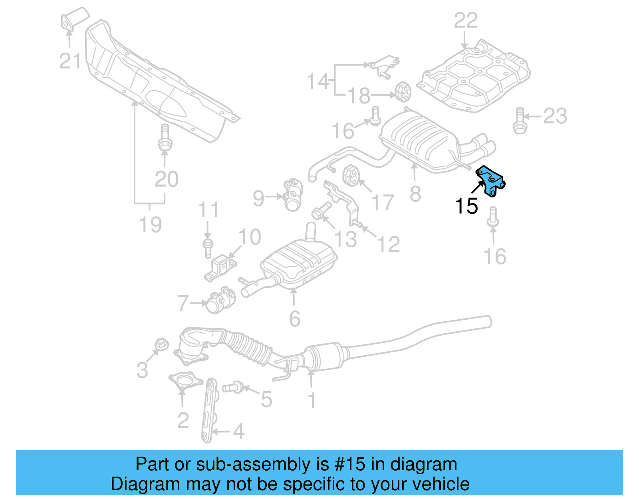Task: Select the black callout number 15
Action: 466,207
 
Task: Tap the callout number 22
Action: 466,20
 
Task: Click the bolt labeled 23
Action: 519,121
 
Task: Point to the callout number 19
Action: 151,225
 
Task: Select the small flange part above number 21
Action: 73,20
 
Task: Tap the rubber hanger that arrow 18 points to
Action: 403,91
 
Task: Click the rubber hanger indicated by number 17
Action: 351,175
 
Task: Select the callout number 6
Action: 294,319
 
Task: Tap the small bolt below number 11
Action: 208,247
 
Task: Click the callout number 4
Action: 238,431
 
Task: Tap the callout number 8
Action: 415,194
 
